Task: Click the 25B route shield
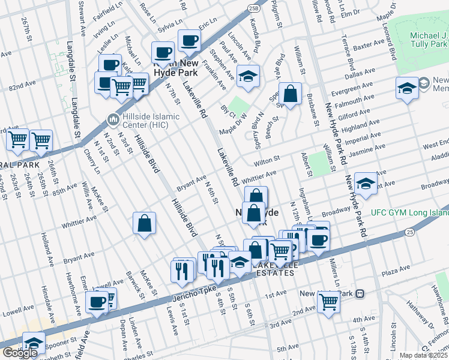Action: click(253, 7)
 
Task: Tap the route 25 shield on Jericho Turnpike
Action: click(409, 231)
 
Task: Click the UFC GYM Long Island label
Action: click(409, 212)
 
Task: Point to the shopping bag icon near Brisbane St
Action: click(290, 94)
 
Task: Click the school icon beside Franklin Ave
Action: click(247, 76)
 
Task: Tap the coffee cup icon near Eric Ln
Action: click(190, 41)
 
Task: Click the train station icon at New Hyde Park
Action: click(360, 294)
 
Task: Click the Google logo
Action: click(19, 353)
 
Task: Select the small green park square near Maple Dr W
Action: click(240, 106)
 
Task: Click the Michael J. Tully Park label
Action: click(429, 40)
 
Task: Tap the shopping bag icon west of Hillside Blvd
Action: click(145, 223)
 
